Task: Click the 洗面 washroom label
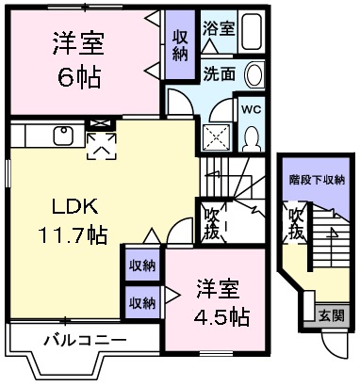click(x=218, y=74)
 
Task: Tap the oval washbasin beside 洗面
click(x=253, y=76)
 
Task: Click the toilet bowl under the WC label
click(x=252, y=137)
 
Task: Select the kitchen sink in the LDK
click(x=63, y=135)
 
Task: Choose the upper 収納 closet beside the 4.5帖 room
click(x=142, y=265)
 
